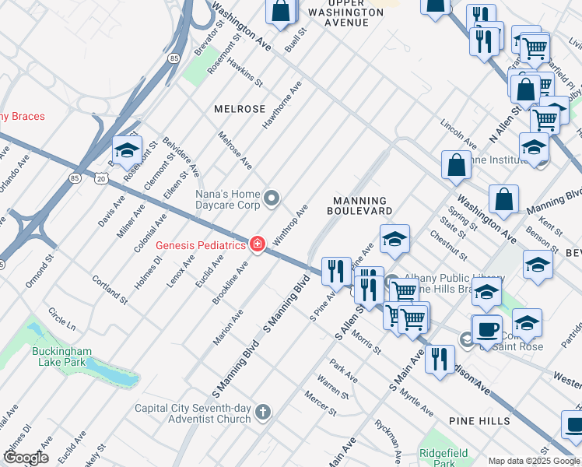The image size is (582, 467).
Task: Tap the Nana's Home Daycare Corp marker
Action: click(x=272, y=200)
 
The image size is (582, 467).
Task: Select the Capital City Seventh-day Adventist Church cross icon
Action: click(x=264, y=413)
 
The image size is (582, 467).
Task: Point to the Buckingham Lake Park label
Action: click(x=62, y=357)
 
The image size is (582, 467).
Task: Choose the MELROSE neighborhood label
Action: click(x=240, y=109)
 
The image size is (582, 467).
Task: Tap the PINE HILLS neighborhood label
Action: click(x=479, y=421)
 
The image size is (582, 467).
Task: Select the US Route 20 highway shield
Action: click(x=102, y=179)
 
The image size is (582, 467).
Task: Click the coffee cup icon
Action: click(x=487, y=329)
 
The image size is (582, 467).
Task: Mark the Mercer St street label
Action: click(x=320, y=404)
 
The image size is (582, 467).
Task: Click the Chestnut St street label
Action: click(x=447, y=246)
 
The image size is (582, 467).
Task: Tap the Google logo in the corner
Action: click(x=26, y=458)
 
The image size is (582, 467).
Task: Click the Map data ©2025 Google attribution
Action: click(x=534, y=461)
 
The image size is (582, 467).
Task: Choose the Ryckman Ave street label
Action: click(x=387, y=439)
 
